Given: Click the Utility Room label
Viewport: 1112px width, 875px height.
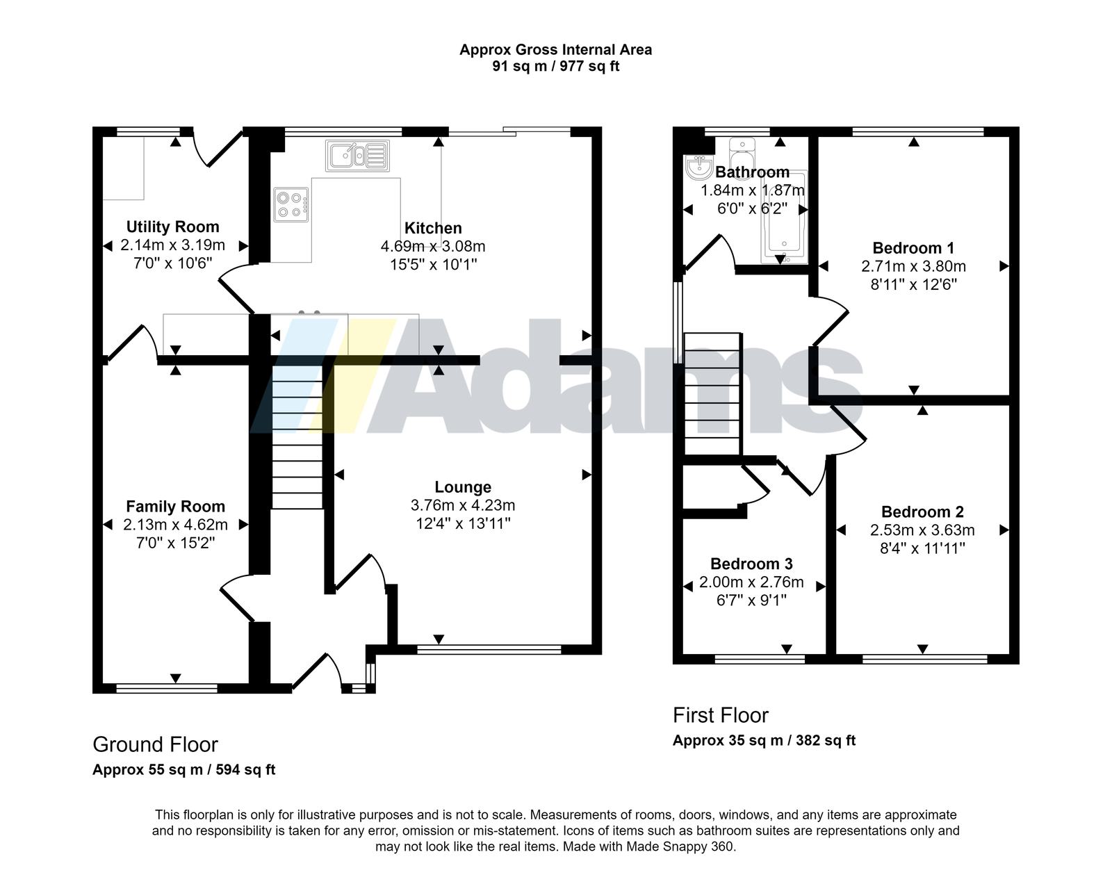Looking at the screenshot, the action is click(x=172, y=227).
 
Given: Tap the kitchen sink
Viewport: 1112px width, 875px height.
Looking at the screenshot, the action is click(x=357, y=156).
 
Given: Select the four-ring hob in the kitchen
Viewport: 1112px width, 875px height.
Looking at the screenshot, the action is click(x=291, y=204).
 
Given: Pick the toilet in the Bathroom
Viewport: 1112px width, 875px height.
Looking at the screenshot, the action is click(x=742, y=152).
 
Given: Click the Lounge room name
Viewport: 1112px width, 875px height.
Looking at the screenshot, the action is click(x=462, y=487).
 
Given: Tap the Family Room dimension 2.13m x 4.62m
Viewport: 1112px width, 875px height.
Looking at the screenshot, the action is click(x=175, y=525).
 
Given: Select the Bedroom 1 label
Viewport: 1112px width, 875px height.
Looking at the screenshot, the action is click(x=913, y=248).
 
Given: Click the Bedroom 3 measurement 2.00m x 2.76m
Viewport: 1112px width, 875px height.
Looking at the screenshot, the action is click(x=751, y=582).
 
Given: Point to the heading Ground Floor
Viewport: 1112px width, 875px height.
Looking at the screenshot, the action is click(x=155, y=745).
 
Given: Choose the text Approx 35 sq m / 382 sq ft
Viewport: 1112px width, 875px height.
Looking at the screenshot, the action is click(x=764, y=741).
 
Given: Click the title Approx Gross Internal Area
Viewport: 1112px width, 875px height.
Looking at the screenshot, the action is click(x=555, y=49).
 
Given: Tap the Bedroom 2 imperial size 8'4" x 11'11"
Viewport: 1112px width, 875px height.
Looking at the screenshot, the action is click(x=922, y=548).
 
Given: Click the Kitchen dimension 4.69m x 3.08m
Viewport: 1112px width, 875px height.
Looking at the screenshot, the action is click(x=433, y=247).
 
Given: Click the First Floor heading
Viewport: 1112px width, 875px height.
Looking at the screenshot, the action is click(x=720, y=716).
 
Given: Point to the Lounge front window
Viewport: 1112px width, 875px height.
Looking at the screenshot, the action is click(x=489, y=650).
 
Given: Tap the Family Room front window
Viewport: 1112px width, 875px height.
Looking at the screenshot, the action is click(x=167, y=689).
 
